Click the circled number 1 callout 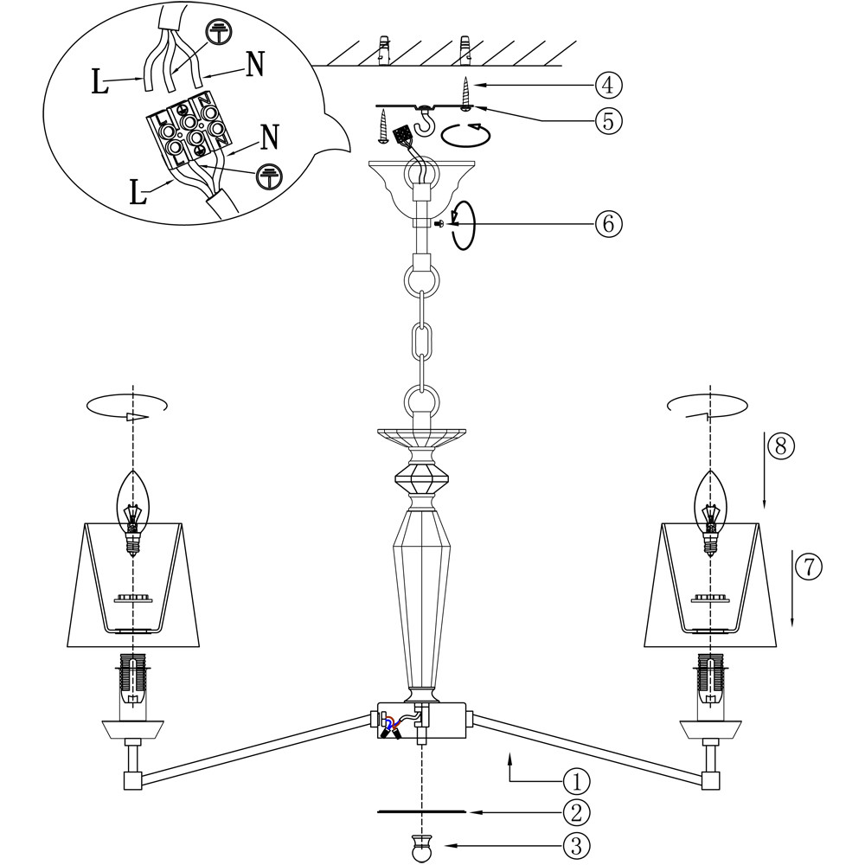[576, 781]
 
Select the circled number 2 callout [576, 812]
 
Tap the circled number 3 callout [576, 843]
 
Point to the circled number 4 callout [608, 85]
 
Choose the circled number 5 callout [608, 120]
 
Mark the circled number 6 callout [608, 223]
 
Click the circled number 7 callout [807, 567]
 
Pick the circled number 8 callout [779, 446]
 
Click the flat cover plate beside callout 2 [421, 812]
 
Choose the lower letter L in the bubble [137, 191]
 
